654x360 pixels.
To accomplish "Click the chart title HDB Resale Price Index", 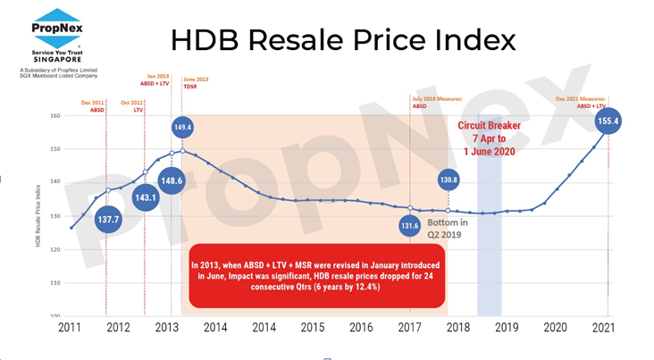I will click(343, 41).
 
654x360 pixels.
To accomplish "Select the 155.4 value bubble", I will click(608, 120).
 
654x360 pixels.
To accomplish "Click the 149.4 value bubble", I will click(183, 128).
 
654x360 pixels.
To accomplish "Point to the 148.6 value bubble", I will click(171, 180).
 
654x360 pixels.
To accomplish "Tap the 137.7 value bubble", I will click(108, 219).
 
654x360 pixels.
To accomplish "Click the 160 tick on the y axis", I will click(54, 116).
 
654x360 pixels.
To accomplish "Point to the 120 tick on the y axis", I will click(54, 249).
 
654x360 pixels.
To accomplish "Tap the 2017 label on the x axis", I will click(410, 328).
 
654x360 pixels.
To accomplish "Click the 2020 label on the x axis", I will click(556, 328).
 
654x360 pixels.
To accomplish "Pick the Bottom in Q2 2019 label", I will click(447, 228).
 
